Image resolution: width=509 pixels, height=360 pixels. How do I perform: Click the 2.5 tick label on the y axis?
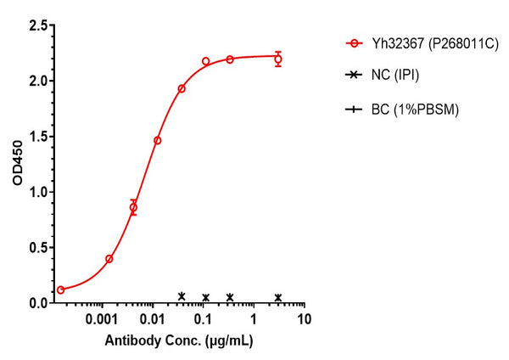click(x=36, y=26)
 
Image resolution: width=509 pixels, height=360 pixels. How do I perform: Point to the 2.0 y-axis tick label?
click(x=36, y=82)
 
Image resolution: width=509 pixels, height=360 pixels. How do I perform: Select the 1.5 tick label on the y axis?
click(x=36, y=137)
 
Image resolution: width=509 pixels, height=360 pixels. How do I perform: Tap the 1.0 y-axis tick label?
click(x=36, y=192)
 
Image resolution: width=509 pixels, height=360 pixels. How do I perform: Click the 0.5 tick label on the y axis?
click(x=36, y=247)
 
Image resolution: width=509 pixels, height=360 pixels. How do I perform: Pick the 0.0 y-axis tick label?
click(x=36, y=302)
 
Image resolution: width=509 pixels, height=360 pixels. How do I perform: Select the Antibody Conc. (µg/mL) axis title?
click(x=180, y=340)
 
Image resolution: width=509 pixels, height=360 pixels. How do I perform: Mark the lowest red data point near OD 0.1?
click(x=60, y=290)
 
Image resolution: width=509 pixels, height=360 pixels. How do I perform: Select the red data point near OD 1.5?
click(x=158, y=140)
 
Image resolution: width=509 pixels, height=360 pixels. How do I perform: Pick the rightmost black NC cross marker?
click(x=278, y=297)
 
